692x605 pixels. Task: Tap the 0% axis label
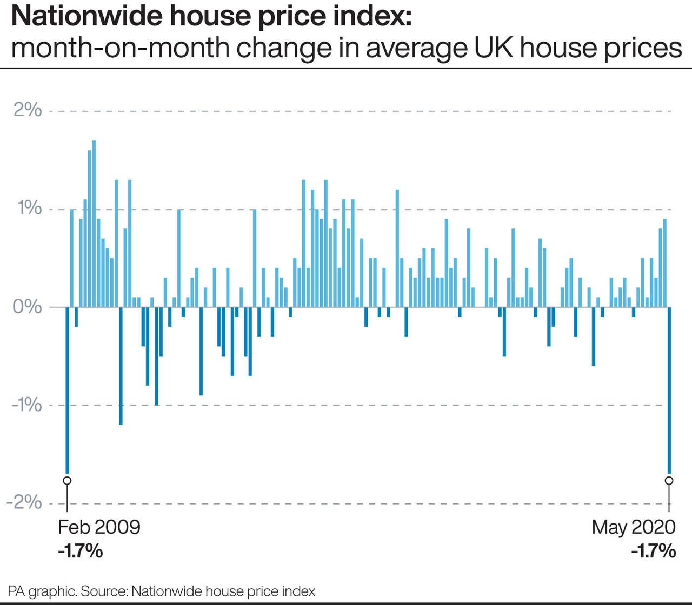point(28,306)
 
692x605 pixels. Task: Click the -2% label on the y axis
point(24,502)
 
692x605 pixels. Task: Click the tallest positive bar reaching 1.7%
point(94,224)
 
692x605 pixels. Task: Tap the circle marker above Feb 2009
point(67,480)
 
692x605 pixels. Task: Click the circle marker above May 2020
point(669,480)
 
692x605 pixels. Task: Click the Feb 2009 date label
point(99,527)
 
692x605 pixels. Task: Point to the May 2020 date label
point(634,527)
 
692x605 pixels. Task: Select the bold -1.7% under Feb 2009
point(80,552)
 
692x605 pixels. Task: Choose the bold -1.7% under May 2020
point(654,552)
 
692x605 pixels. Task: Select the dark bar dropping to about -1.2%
point(121,366)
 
